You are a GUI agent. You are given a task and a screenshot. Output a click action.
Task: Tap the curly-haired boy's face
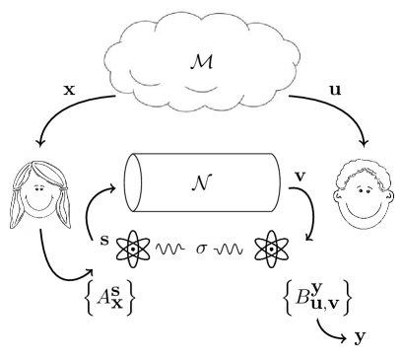[364, 195]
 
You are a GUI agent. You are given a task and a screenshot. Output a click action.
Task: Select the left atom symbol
[133, 249]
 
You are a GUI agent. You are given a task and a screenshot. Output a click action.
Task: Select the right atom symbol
[271, 249]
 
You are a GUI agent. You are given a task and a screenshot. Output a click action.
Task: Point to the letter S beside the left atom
[105, 240]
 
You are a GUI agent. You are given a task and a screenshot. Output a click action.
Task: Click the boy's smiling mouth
[365, 209]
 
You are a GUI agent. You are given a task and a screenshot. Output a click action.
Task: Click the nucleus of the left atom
[133, 249]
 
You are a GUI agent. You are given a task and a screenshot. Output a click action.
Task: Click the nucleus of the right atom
[271, 249]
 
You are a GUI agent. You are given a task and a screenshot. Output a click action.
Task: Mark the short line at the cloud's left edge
[107, 98]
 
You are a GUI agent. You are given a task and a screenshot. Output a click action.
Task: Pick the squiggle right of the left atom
[158, 252]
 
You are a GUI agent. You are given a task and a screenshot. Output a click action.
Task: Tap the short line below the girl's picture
[40, 235]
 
